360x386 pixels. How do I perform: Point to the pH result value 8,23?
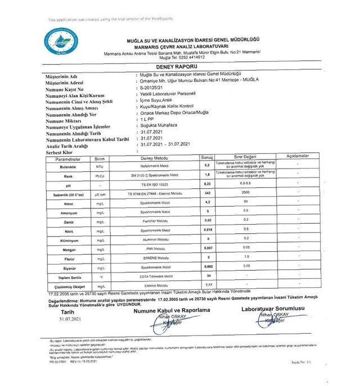tap(207, 184)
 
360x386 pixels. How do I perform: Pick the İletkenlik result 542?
tap(207, 193)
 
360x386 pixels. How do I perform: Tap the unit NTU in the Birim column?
tap(100, 166)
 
